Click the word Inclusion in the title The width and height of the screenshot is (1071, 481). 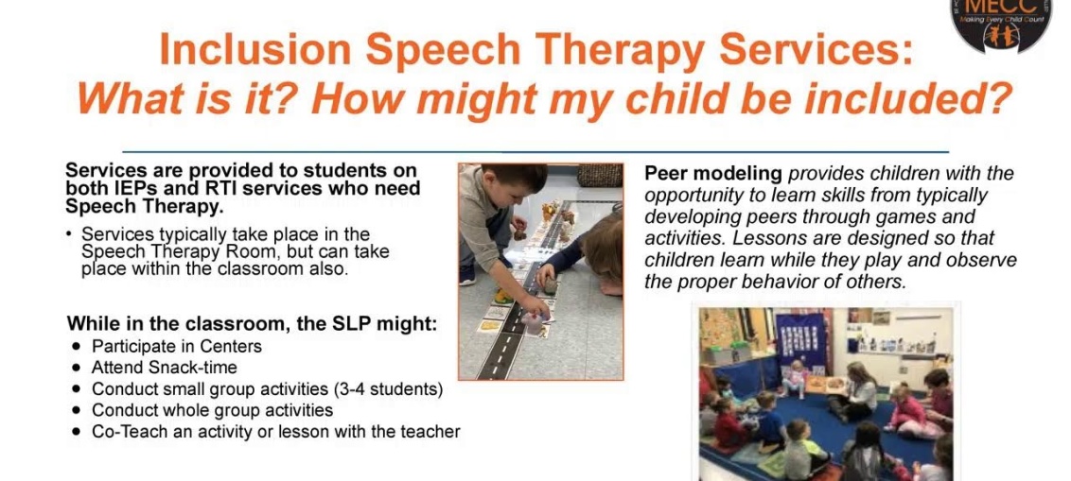click(x=255, y=49)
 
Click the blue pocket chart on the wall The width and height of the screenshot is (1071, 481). click(x=800, y=339)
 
